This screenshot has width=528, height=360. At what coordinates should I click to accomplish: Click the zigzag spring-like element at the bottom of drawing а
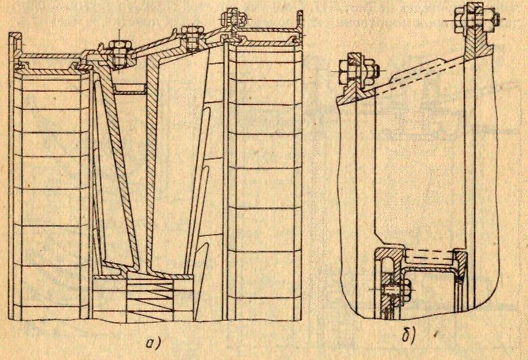click(x=150, y=298)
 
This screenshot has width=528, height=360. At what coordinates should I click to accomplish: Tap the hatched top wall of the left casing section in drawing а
click(x=51, y=57)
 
